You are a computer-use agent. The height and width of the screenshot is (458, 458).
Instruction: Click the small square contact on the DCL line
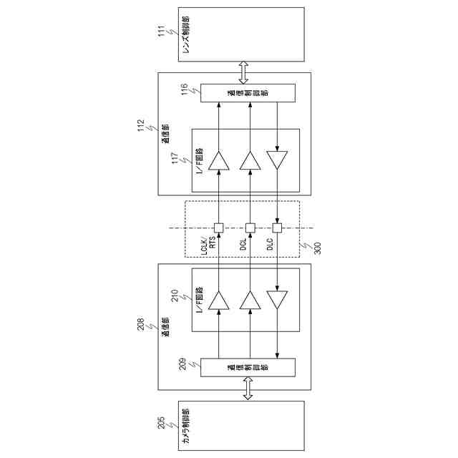click(x=250, y=228)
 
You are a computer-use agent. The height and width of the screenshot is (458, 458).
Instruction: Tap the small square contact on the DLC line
click(x=278, y=228)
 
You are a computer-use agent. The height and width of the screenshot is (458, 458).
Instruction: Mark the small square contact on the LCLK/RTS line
click(x=219, y=228)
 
